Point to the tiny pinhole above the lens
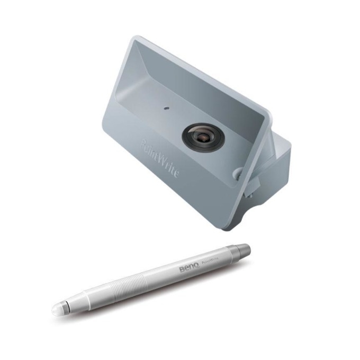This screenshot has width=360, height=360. point(166,107)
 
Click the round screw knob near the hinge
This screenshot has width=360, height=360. point(239,172)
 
